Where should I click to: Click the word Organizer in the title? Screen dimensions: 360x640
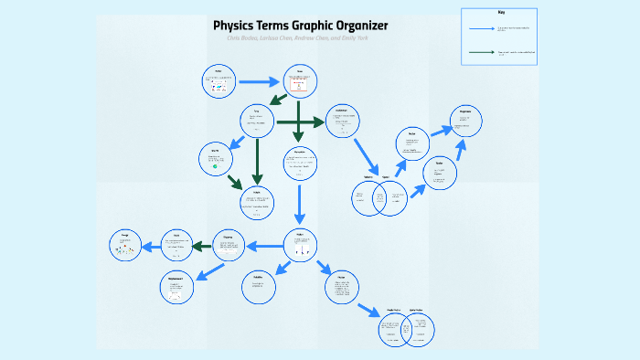(x=357, y=25)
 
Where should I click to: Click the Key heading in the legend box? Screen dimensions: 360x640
(x=501, y=12)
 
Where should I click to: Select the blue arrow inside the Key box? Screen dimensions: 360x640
(x=481, y=29)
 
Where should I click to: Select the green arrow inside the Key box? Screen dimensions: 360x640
(x=481, y=52)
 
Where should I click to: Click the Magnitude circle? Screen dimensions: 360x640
(x=464, y=122)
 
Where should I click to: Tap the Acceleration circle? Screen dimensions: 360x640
(x=342, y=122)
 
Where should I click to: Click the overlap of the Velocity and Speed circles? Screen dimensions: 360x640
(x=379, y=198)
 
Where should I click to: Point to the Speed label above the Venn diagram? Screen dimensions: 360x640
(x=386, y=176)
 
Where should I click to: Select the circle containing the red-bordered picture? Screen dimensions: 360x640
(x=299, y=81)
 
